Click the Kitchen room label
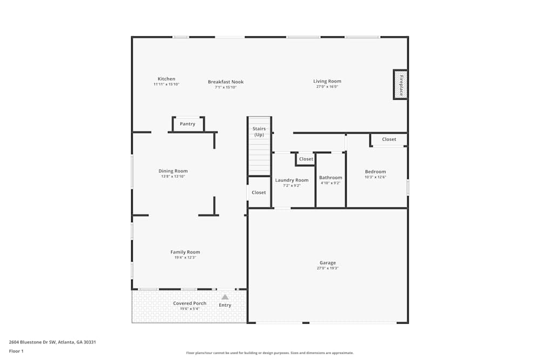[x=166, y=79]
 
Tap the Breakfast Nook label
[x=226, y=82]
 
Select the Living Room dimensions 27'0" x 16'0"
[x=327, y=87]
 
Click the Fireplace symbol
[x=400, y=85]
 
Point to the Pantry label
[x=187, y=124]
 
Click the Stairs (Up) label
[x=259, y=132]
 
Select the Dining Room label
[x=173, y=171]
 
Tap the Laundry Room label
[x=292, y=180]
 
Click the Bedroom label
[x=375, y=172]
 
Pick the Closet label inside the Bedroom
[x=389, y=139]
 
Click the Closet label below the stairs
[x=259, y=193]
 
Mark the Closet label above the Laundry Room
[x=306, y=159]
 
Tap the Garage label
[x=327, y=263]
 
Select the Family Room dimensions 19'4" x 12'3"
[x=185, y=258]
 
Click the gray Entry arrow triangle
[x=225, y=297]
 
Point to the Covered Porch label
[x=190, y=303]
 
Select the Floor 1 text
[x=16, y=351]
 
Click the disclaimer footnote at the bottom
[x=270, y=353]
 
